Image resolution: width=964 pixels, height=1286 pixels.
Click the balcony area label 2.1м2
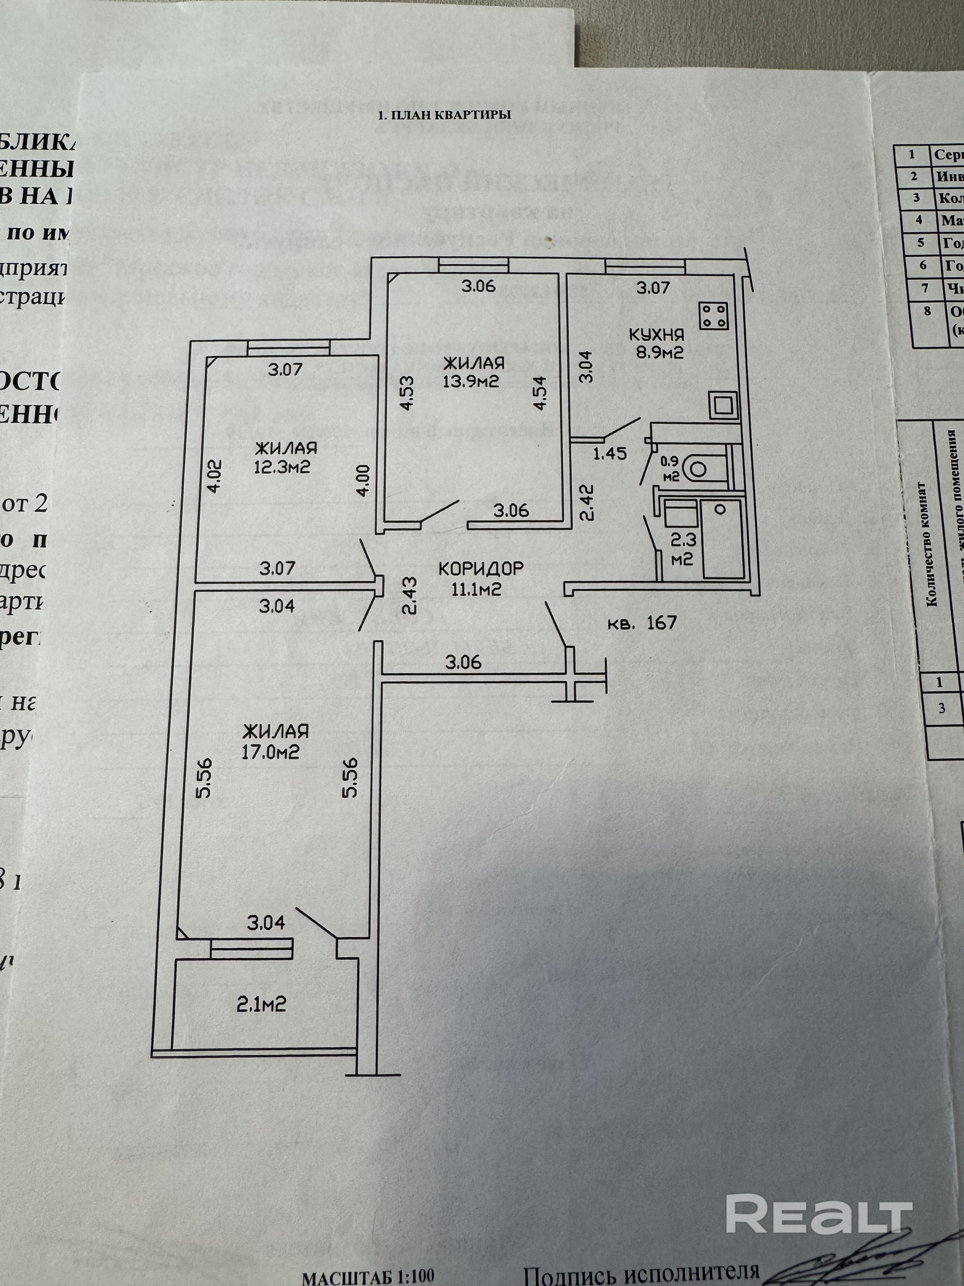pos(261,1004)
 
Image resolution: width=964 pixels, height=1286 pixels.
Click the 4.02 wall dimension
pos(215,477)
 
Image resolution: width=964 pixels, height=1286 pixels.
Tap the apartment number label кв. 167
pos(642,623)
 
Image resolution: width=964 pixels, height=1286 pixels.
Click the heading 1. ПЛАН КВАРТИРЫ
pos(444,115)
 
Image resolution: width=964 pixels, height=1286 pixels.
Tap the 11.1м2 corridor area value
pos(477,589)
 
